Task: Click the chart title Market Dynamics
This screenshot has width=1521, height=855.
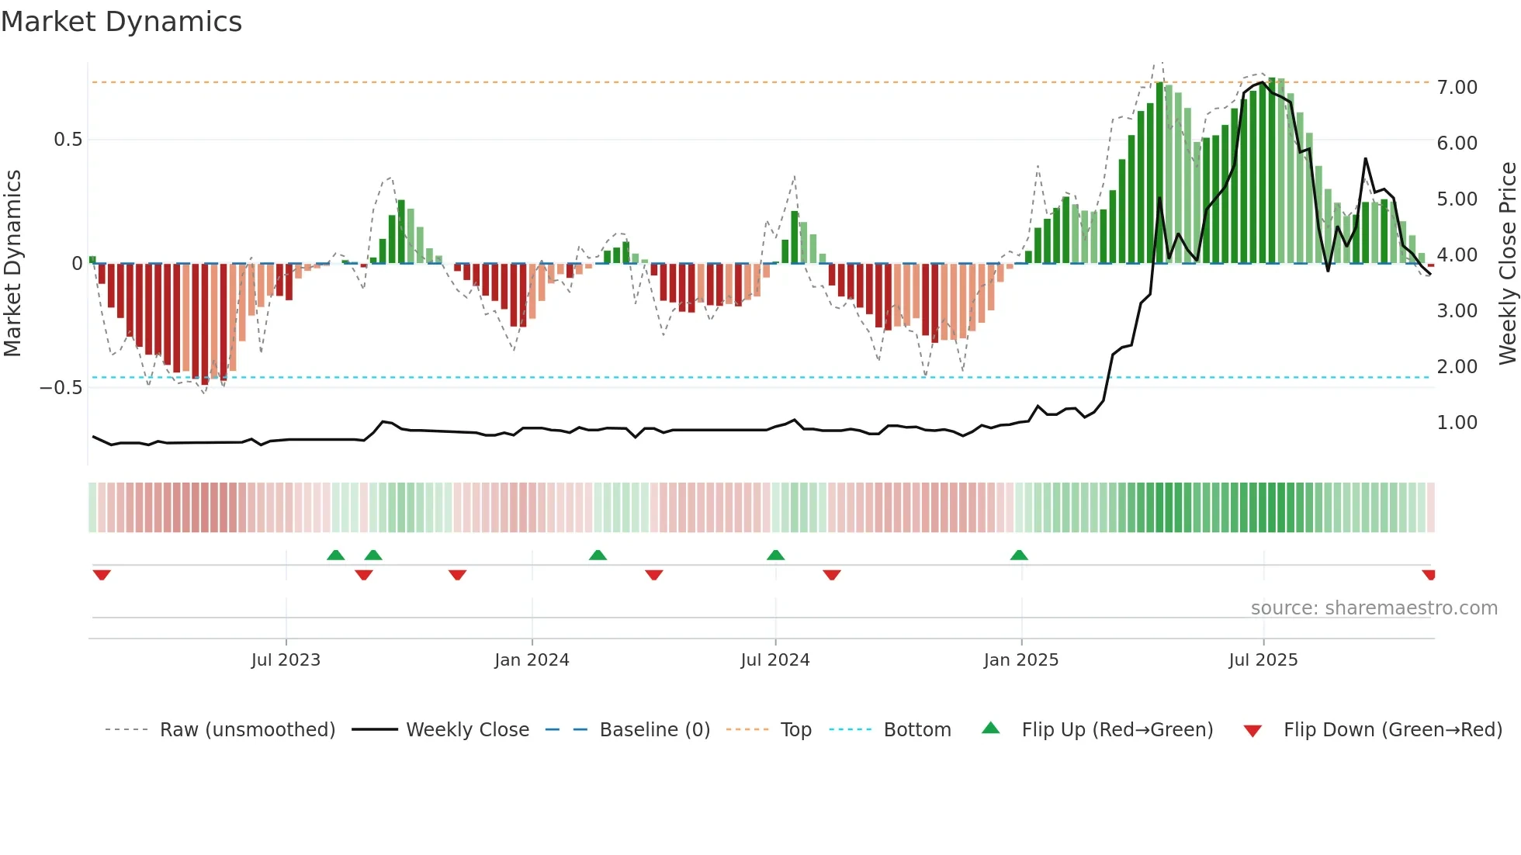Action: (x=122, y=22)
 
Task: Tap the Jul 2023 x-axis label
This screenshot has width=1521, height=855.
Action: (x=286, y=660)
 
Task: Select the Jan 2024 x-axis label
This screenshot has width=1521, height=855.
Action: (x=532, y=660)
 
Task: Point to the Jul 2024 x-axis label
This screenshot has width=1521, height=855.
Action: (x=774, y=660)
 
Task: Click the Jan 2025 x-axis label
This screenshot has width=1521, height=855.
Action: (x=1020, y=660)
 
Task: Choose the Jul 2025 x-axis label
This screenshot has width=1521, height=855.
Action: (x=1263, y=660)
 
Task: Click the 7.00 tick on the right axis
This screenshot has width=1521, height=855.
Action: (x=1457, y=88)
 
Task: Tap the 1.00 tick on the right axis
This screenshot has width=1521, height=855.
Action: (x=1457, y=423)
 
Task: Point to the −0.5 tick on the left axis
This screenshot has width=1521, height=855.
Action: (x=61, y=388)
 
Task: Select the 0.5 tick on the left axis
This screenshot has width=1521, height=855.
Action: (x=68, y=140)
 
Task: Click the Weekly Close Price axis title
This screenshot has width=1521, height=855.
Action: (x=1507, y=264)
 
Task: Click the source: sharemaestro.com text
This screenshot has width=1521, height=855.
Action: (x=1374, y=608)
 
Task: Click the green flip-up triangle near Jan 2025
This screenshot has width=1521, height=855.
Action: (x=1019, y=555)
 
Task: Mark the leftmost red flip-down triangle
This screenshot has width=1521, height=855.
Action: (x=102, y=575)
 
